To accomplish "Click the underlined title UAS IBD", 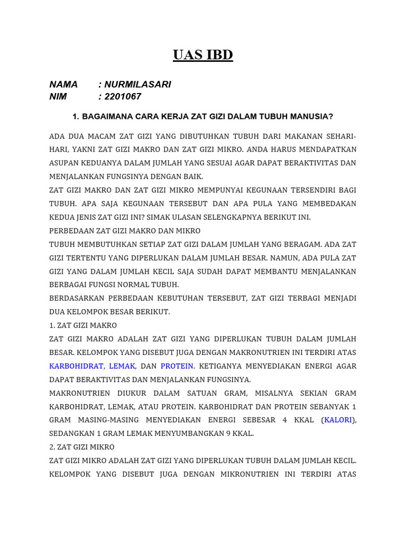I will coord(202,55).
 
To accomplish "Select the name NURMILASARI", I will coord(137,85).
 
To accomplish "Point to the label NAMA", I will coord(63,85).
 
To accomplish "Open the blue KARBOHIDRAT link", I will coord(77,366).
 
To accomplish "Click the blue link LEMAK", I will coord(122,366).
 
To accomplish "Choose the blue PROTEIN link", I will coord(177,366).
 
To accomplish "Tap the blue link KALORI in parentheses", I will coord(339,420).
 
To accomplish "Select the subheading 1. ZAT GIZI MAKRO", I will coord(83,325).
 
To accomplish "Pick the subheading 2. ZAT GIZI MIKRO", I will coord(81,447).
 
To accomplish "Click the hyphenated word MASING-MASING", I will coord(114,420).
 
